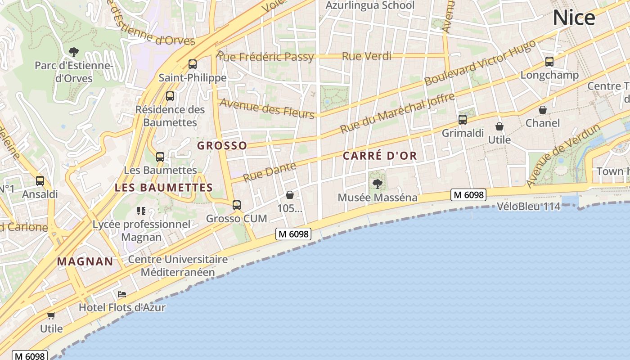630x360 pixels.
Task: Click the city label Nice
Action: [574, 18]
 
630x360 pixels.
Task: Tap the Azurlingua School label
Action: [369, 6]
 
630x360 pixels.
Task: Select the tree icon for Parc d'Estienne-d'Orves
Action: [74, 52]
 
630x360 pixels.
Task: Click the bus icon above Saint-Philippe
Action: [193, 64]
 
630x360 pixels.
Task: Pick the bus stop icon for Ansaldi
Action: [40, 181]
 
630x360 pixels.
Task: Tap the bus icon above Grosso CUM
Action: [237, 205]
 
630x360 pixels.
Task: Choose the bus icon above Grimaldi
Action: [463, 120]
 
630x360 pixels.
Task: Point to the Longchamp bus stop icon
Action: [549, 62]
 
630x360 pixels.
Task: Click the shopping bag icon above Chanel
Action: [543, 110]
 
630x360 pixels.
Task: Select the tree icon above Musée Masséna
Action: [378, 184]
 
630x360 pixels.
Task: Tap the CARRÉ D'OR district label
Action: [380, 156]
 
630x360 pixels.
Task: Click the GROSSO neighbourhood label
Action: [222, 145]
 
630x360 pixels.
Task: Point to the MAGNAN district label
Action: [85, 261]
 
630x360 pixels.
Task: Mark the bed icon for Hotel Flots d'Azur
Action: [122, 295]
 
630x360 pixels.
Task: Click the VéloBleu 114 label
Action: [529, 207]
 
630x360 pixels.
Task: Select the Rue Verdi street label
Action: [367, 56]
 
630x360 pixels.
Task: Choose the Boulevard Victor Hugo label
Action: [480, 63]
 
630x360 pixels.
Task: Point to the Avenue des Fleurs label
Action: [267, 108]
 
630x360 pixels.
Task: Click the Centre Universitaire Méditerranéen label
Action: [178, 266]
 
